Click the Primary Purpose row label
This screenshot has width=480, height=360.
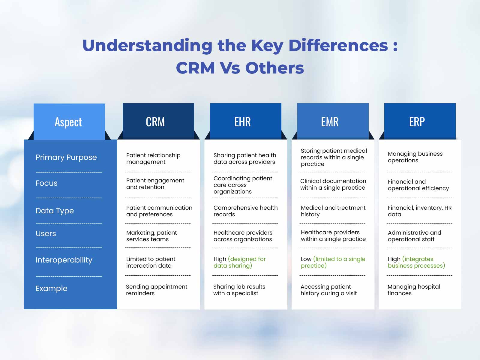[x=66, y=157]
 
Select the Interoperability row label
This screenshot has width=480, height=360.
[x=64, y=260]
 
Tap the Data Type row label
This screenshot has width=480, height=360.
[x=55, y=211]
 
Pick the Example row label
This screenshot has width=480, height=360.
[x=51, y=289]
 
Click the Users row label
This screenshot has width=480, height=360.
[x=46, y=233]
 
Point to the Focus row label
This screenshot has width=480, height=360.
[x=46, y=183]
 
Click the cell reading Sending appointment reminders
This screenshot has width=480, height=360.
[x=157, y=290]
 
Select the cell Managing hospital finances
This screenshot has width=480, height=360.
[x=414, y=290]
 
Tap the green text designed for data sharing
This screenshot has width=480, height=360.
[x=240, y=262]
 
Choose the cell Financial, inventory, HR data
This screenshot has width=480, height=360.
[x=419, y=211]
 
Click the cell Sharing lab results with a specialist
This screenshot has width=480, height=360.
[x=239, y=290]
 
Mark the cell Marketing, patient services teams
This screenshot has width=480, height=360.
[x=151, y=236]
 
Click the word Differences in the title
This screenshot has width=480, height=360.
[x=338, y=46]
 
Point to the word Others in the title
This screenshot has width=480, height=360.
[x=274, y=68]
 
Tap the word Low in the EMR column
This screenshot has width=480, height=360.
[x=306, y=259]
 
